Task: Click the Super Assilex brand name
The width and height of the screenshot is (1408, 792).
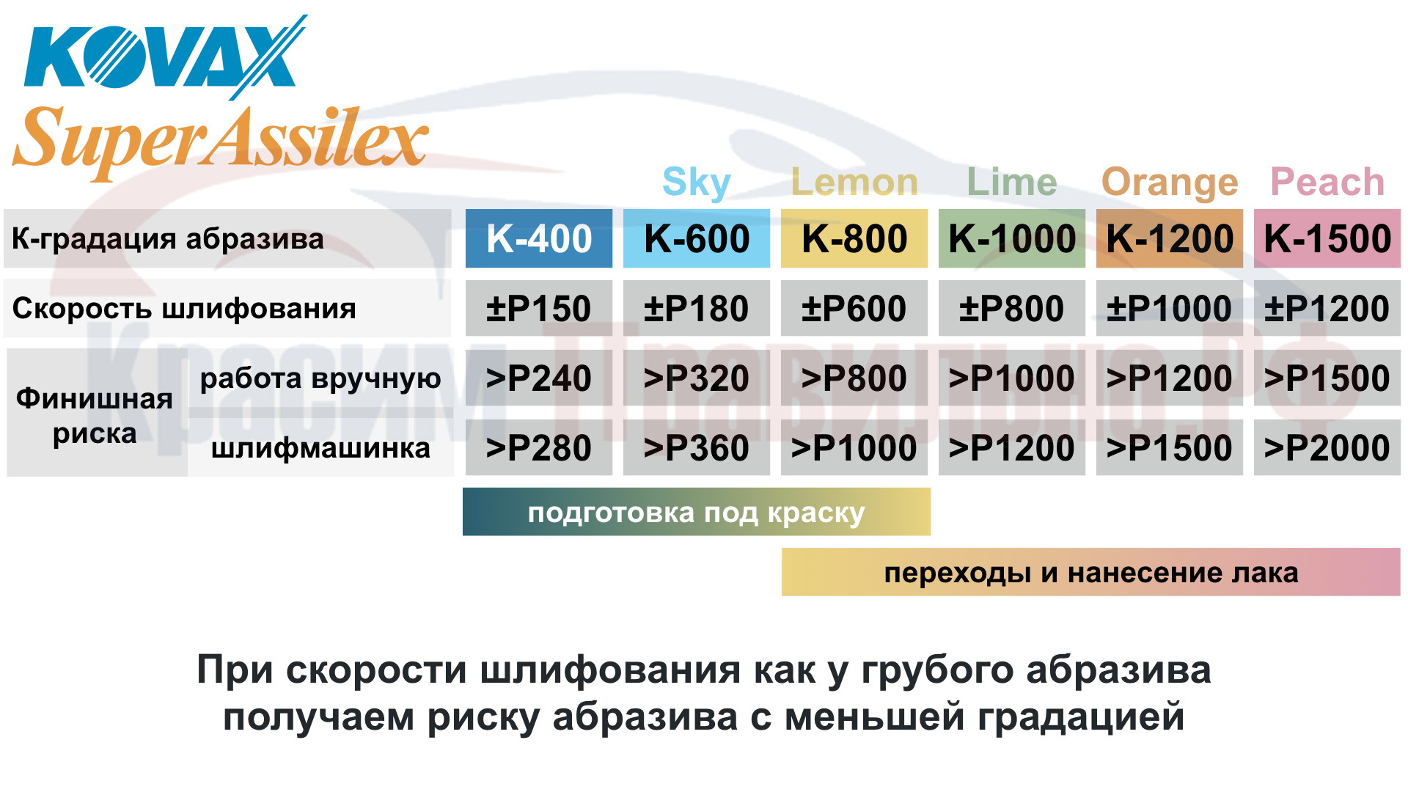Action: click(220, 139)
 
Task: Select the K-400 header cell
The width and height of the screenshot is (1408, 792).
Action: click(539, 238)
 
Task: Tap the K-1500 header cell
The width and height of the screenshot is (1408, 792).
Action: click(1327, 238)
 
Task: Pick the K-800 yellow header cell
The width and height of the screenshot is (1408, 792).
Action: click(854, 238)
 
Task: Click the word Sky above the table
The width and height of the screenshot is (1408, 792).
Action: click(697, 183)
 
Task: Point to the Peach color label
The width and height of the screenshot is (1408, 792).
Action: click(1327, 182)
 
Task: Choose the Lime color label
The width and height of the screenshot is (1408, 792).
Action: click(1012, 182)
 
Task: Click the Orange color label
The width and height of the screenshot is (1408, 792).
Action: click(1170, 183)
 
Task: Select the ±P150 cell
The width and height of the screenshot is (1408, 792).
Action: click(539, 308)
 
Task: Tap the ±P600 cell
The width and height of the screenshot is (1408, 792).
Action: click(854, 308)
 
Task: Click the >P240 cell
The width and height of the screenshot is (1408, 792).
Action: click(539, 378)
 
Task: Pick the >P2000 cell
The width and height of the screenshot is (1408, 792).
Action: click(1327, 447)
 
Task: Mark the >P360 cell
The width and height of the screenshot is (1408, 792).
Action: click(697, 447)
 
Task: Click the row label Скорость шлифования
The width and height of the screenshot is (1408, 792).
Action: click(184, 309)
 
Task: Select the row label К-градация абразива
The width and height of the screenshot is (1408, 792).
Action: click(168, 239)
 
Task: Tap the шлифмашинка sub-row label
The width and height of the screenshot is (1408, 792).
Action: click(320, 448)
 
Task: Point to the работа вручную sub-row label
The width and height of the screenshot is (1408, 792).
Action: click(320, 378)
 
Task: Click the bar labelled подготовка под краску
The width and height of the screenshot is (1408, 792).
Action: click(697, 512)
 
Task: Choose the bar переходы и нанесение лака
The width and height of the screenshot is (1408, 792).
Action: click(1091, 572)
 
